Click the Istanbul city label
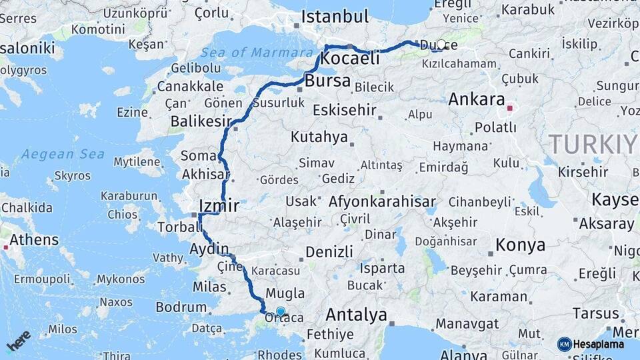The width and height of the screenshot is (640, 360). pos(335,17)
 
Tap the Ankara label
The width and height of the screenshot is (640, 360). pos(477,99)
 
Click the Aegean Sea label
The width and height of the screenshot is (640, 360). pos(63,155)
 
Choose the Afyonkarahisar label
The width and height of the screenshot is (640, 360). pos(382,201)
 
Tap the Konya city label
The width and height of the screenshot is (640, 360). pos(521,245)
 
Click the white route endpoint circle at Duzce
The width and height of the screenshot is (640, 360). pos(441,45)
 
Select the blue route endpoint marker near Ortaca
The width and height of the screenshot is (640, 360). pos(281,311)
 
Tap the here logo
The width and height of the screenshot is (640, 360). pos(19,341)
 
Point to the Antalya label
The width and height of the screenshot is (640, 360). pos(356,315)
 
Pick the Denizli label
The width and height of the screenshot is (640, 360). pos(329,251)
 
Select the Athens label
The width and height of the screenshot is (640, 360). pos(34,239)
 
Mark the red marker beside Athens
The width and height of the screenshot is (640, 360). pos(6,247)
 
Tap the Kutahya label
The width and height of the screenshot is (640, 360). pos(319,137)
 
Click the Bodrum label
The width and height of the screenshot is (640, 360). pos(181,307)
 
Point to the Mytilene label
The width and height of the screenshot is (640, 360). pos(137,162)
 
